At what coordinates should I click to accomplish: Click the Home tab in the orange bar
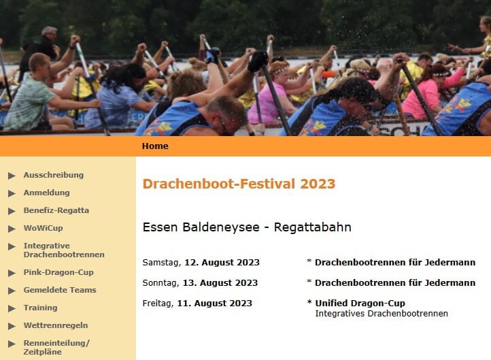[x=155, y=146]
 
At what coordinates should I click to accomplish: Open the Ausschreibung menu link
[x=54, y=175]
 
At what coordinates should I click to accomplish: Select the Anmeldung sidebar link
[x=47, y=193]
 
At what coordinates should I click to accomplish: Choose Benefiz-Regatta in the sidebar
[x=56, y=210]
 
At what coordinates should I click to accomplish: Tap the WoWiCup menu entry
[x=44, y=228]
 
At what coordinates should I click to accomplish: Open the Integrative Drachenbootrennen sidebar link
[x=64, y=250]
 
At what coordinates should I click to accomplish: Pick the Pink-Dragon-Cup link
[x=58, y=272]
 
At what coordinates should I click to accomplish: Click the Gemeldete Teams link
[x=60, y=290]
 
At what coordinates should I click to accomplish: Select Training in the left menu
[x=40, y=308]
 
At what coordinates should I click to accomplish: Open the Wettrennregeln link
[x=56, y=325]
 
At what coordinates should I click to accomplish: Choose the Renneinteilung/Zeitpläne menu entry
[x=56, y=348]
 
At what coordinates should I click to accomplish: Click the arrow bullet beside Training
[x=12, y=308]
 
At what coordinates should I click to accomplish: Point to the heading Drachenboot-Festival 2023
[x=239, y=184]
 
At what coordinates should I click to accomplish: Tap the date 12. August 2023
[x=222, y=262]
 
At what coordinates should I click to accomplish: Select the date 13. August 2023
[x=220, y=282]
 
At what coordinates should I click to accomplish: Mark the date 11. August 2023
[x=214, y=304]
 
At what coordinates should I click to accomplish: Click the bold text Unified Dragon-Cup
[x=360, y=304]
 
